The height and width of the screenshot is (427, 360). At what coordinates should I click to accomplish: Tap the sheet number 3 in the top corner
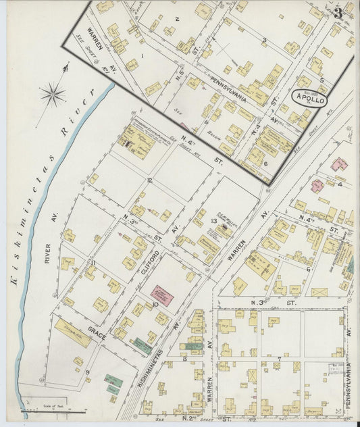(338, 11)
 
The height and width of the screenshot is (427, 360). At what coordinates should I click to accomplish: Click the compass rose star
(53, 94)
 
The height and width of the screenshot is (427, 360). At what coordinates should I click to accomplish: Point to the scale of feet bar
(44, 410)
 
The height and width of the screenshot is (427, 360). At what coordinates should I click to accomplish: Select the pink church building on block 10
(162, 295)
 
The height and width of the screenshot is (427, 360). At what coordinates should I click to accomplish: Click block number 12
(149, 180)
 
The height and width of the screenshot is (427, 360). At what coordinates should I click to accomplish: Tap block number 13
(213, 221)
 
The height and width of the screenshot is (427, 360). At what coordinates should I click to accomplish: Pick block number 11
(95, 263)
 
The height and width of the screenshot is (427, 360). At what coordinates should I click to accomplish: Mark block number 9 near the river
(86, 372)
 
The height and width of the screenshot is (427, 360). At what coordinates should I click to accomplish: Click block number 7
(278, 359)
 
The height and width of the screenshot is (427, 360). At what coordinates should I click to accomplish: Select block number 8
(184, 359)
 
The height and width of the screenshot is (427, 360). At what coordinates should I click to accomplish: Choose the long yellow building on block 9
(73, 333)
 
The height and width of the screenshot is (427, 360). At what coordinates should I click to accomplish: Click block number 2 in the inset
(177, 19)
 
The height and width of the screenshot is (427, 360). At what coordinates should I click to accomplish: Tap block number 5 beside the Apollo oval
(322, 80)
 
